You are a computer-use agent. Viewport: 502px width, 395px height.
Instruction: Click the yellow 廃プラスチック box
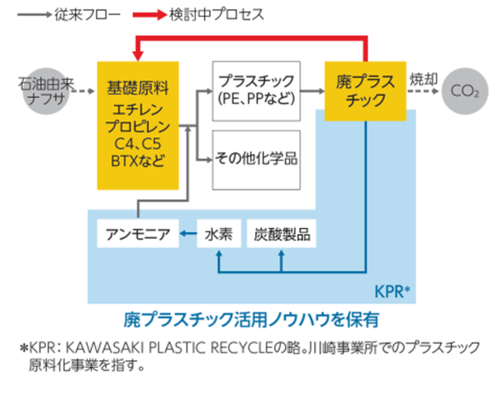(365, 90)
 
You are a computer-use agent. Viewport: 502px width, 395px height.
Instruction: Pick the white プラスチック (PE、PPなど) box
(256, 90)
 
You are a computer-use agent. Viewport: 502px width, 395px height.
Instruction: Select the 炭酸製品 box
(281, 234)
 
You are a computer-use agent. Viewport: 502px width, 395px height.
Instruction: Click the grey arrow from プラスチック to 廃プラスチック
(311, 91)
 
